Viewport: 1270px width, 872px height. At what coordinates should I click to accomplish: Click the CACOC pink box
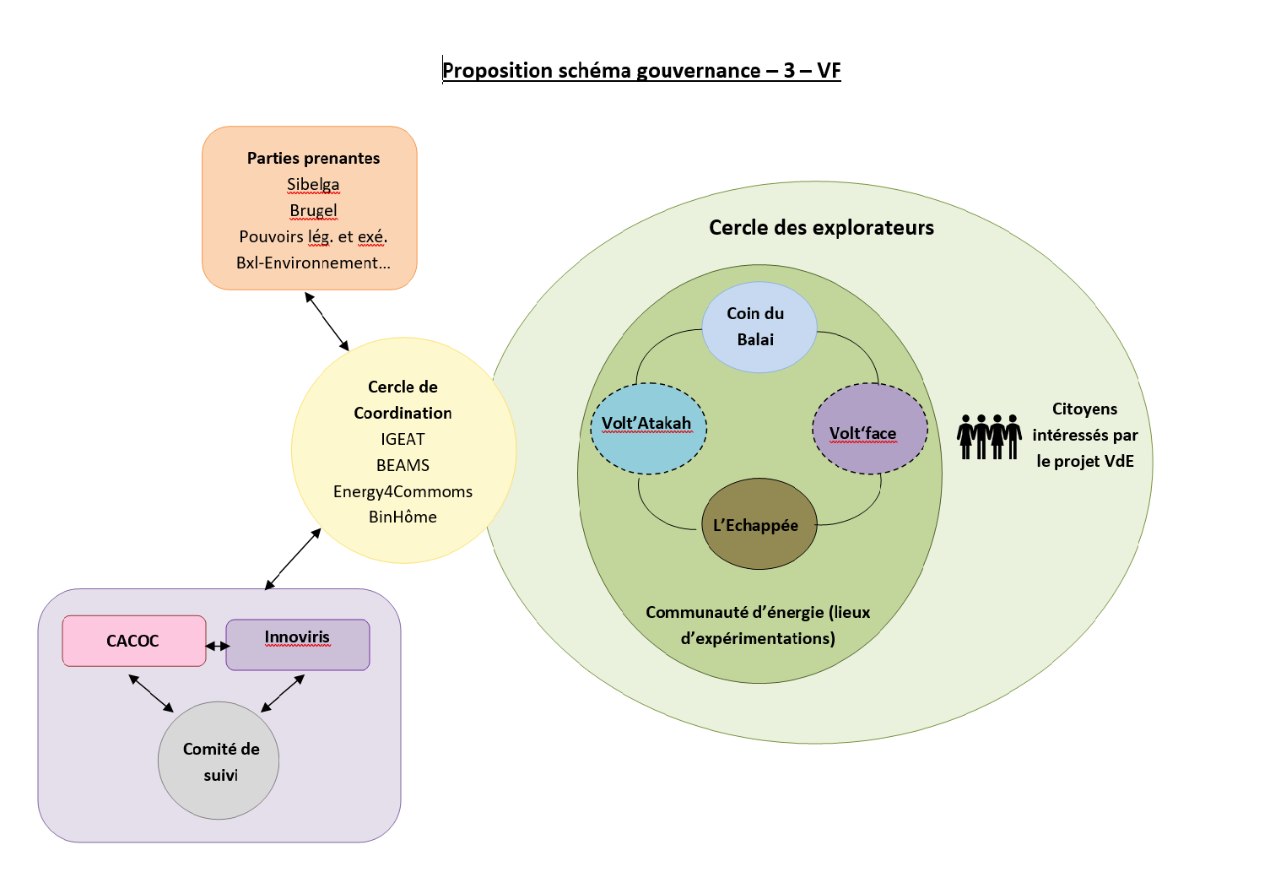133,641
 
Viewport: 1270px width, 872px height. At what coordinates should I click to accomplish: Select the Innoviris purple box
297,646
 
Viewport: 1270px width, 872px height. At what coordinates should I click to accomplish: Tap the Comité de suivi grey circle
219,761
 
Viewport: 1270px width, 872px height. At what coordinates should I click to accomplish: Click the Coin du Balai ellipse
759,327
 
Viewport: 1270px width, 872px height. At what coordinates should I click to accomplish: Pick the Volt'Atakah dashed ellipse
647,428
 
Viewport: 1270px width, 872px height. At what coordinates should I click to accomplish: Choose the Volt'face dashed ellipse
869,429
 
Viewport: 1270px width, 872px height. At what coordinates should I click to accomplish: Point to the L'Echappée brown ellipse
759,524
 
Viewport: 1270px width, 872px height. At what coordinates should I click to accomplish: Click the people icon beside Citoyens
989,436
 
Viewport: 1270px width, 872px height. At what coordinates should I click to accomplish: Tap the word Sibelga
313,184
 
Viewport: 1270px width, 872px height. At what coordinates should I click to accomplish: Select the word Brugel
313,210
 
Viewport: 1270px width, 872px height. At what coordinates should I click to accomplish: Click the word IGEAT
403,439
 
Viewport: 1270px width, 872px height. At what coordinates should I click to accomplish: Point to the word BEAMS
403,465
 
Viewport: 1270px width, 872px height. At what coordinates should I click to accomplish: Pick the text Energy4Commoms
403,491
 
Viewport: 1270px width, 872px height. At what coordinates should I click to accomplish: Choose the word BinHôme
403,517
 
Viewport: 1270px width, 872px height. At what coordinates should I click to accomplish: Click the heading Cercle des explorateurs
821,227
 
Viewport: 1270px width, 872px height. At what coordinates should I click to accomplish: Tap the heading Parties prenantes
313,158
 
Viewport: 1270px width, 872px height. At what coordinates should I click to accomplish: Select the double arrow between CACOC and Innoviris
217,647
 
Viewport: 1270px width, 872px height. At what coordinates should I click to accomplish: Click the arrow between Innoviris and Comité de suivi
283,693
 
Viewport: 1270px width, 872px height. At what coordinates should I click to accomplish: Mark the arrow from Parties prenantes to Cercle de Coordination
327,322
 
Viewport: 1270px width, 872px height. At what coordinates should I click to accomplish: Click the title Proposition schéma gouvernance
641,70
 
